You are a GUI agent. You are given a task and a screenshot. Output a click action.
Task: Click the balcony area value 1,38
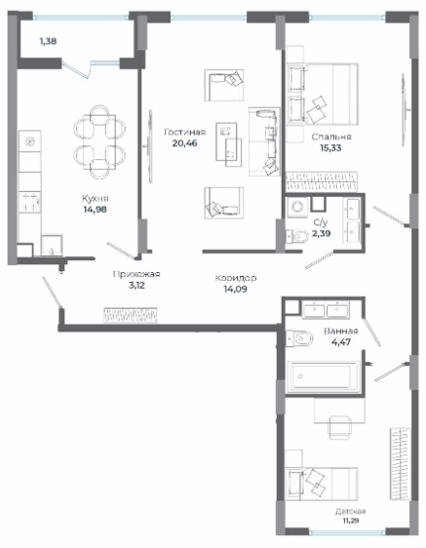(48, 41)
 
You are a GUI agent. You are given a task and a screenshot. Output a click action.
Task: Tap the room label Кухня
(96, 199)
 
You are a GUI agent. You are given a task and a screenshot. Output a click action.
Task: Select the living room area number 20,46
(185, 143)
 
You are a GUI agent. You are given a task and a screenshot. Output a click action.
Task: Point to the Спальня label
(331, 137)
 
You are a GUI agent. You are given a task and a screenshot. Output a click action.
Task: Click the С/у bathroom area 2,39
(321, 233)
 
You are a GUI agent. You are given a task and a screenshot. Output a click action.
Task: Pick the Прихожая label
(136, 274)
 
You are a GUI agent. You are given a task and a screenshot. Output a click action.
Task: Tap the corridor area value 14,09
(235, 289)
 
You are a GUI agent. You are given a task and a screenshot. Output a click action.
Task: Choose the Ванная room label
(341, 331)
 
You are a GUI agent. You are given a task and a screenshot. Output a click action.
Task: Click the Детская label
(351, 511)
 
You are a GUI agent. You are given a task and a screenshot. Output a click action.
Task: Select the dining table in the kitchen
(99, 142)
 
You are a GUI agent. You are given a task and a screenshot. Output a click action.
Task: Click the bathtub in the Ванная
(324, 376)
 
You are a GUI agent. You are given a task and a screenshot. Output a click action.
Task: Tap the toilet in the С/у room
(297, 237)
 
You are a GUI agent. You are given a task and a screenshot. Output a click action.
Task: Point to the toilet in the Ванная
(299, 338)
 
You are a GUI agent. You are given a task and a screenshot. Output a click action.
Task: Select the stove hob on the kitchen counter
(29, 203)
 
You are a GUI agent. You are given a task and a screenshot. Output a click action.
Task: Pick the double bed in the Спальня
(323, 94)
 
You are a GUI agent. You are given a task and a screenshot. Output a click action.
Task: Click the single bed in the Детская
(322, 484)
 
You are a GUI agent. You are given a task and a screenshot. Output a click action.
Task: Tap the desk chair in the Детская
(339, 427)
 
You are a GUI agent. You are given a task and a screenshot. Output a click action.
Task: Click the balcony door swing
(77, 69)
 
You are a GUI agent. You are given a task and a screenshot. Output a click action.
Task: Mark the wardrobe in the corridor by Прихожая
(130, 315)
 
